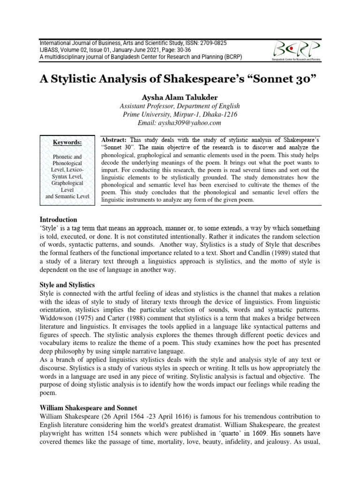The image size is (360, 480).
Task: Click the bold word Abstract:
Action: [114, 140]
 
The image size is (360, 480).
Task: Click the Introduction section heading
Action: [59, 219]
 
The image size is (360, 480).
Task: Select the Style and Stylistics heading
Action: [67, 285]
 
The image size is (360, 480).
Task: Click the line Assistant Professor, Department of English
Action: [180, 106]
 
